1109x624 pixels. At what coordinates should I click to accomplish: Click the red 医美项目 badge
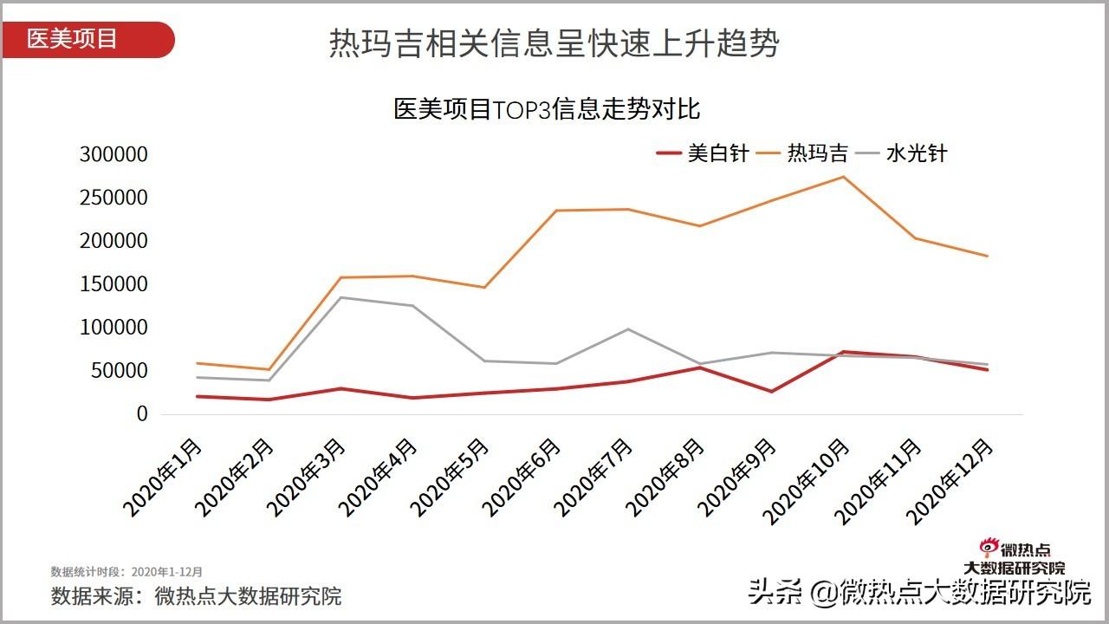(87, 40)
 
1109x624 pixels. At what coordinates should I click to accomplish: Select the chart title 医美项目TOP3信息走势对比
(547, 110)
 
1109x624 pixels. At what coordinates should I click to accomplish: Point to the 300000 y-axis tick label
(113, 154)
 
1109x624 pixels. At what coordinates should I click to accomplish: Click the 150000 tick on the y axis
(113, 284)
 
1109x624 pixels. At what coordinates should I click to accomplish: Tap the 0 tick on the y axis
(142, 414)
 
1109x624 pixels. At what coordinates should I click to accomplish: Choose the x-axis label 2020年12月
(953, 479)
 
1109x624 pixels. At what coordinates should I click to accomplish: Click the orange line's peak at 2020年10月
(844, 177)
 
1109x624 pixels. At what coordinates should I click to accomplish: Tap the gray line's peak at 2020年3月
(340, 297)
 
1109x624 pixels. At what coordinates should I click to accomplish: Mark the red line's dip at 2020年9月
(771, 392)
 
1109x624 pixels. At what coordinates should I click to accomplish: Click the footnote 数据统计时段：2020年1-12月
(126, 572)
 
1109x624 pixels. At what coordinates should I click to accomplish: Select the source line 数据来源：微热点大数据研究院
(196, 596)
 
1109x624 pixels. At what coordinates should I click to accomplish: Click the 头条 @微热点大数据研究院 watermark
(919, 594)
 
